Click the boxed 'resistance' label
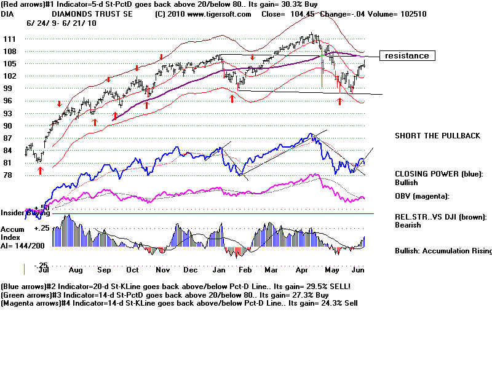click(x=407, y=56)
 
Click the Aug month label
click(x=76, y=270)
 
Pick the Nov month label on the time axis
click(x=162, y=270)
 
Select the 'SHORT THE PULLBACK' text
click(x=437, y=136)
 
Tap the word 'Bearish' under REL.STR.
click(x=408, y=225)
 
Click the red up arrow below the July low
click(x=40, y=170)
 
